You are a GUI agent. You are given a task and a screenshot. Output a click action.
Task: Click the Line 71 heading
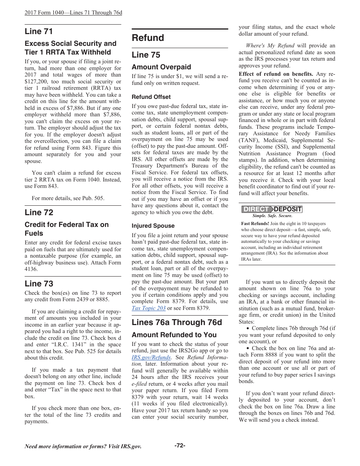click(39, 31)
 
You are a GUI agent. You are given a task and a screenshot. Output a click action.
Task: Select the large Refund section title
click(148, 38)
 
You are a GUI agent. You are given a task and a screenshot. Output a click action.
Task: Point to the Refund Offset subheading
click(151, 97)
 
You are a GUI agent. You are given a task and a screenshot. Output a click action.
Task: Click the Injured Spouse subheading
click(153, 226)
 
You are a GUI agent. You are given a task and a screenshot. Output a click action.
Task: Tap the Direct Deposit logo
click(272, 209)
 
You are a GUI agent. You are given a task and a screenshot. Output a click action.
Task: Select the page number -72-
click(180, 446)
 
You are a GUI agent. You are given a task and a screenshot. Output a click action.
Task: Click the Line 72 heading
click(39, 212)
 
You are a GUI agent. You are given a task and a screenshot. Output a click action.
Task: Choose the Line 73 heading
click(39, 283)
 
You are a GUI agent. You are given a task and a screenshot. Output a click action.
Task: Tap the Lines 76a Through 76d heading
click(177, 322)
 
